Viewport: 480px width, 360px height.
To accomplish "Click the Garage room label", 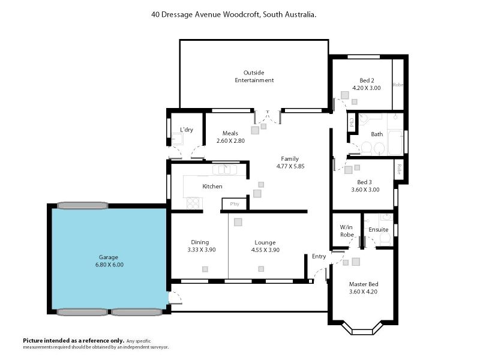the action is (x=109, y=257).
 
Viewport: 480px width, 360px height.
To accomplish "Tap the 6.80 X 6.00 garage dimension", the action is (x=109, y=265).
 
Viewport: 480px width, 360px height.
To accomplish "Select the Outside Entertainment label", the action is (x=254, y=77).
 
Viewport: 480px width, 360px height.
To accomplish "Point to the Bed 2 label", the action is (x=367, y=80).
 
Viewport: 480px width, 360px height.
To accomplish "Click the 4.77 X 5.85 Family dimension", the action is (x=290, y=166).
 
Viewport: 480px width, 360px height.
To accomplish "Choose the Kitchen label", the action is (x=212, y=187).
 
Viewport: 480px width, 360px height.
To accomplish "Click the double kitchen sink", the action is (x=224, y=170).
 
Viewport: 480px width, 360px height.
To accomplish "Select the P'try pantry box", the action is (x=234, y=204).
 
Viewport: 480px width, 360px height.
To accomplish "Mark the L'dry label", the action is (x=187, y=130).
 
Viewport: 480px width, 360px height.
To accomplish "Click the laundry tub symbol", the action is (x=177, y=139).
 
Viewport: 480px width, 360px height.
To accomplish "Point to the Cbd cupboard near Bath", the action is (x=352, y=122).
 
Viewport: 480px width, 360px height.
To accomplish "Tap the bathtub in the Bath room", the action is (x=395, y=143).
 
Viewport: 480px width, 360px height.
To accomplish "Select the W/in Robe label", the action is (x=347, y=231).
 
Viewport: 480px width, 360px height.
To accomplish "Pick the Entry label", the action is (x=319, y=257).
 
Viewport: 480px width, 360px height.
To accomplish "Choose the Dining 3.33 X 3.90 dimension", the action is (x=202, y=250).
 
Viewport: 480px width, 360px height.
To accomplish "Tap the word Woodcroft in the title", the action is (x=242, y=14).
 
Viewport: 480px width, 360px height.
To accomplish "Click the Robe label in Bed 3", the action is (x=399, y=169).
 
